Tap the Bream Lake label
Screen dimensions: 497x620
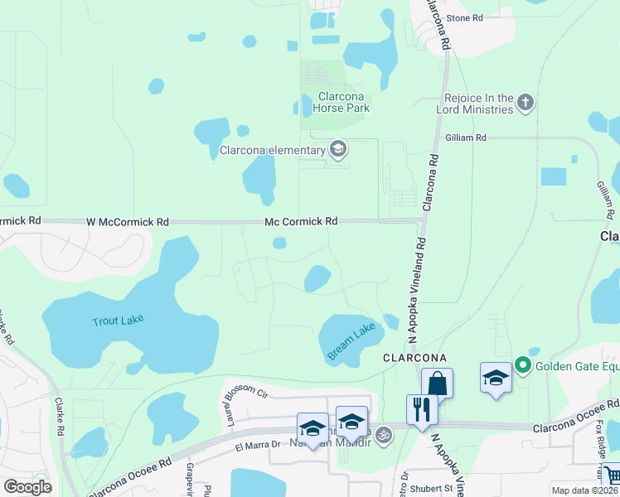pyautogui.click(x=351, y=342)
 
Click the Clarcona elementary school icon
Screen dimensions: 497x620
pyautogui.click(x=337, y=150)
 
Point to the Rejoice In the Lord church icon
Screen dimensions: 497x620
pyautogui.click(x=524, y=104)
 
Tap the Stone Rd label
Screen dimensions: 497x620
pyautogui.click(x=464, y=17)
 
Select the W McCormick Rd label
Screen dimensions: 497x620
pyautogui.click(x=128, y=222)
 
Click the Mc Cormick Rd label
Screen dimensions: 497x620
pyautogui.click(x=301, y=221)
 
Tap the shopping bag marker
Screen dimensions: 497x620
pyautogui.click(x=437, y=383)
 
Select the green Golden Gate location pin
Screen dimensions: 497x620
pyautogui.click(x=522, y=364)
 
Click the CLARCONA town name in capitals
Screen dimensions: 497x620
pyautogui.click(x=415, y=356)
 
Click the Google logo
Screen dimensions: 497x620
pyautogui.click(x=27, y=486)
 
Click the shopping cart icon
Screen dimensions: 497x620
pyautogui.click(x=612, y=475)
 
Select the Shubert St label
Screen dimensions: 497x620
pyautogui.click(x=439, y=488)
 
